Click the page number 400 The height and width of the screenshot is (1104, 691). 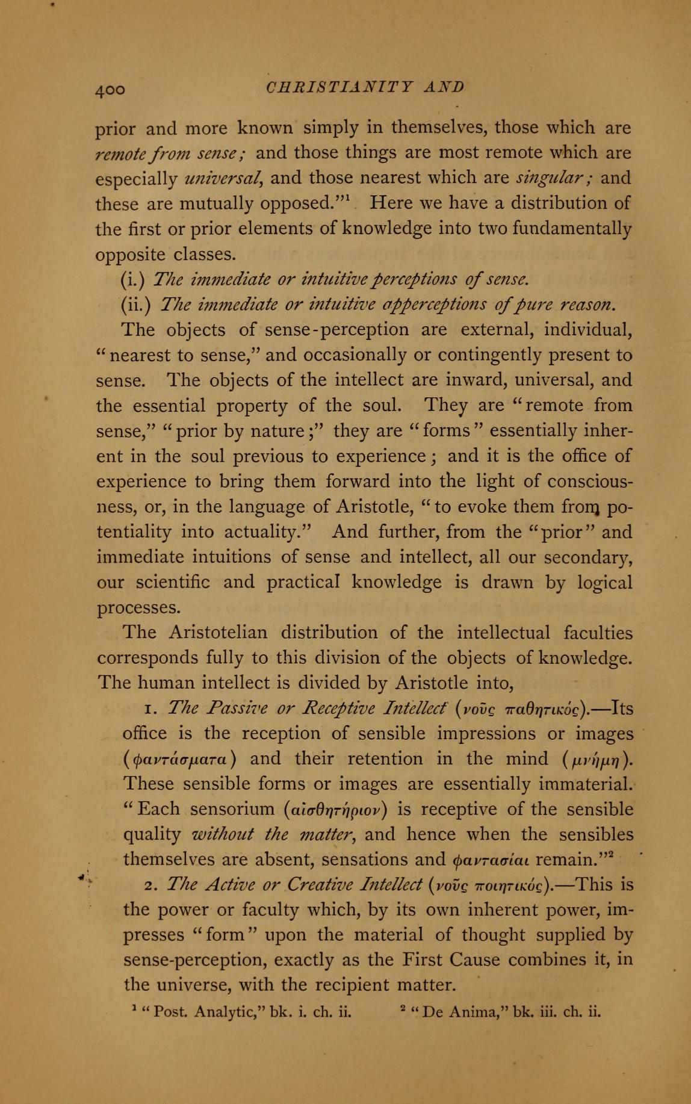point(110,89)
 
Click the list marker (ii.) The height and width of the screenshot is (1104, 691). point(137,305)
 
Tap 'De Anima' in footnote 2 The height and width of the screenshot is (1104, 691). point(463,1011)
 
